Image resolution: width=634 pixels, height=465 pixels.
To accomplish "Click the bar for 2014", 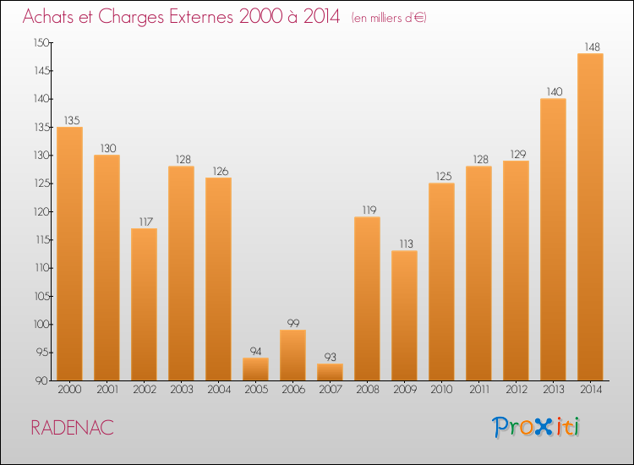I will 590,217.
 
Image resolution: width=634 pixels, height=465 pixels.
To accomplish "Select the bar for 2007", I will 330,372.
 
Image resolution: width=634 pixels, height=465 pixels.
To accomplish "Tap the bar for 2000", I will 69,254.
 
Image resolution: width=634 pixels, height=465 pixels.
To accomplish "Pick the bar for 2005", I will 255,369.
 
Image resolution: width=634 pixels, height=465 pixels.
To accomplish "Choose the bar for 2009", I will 404,315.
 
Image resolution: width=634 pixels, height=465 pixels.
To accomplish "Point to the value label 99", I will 292,323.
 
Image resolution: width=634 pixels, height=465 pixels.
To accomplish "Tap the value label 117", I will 144,222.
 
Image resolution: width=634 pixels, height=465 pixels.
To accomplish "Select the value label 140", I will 553,91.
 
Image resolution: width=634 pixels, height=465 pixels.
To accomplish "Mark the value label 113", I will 404,243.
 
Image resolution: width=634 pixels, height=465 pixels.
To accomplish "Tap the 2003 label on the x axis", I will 181,391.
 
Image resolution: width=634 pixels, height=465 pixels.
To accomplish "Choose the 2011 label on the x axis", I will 478,391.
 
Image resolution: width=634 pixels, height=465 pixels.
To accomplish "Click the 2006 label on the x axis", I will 292,391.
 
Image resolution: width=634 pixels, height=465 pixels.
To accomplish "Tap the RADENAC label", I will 72,428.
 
